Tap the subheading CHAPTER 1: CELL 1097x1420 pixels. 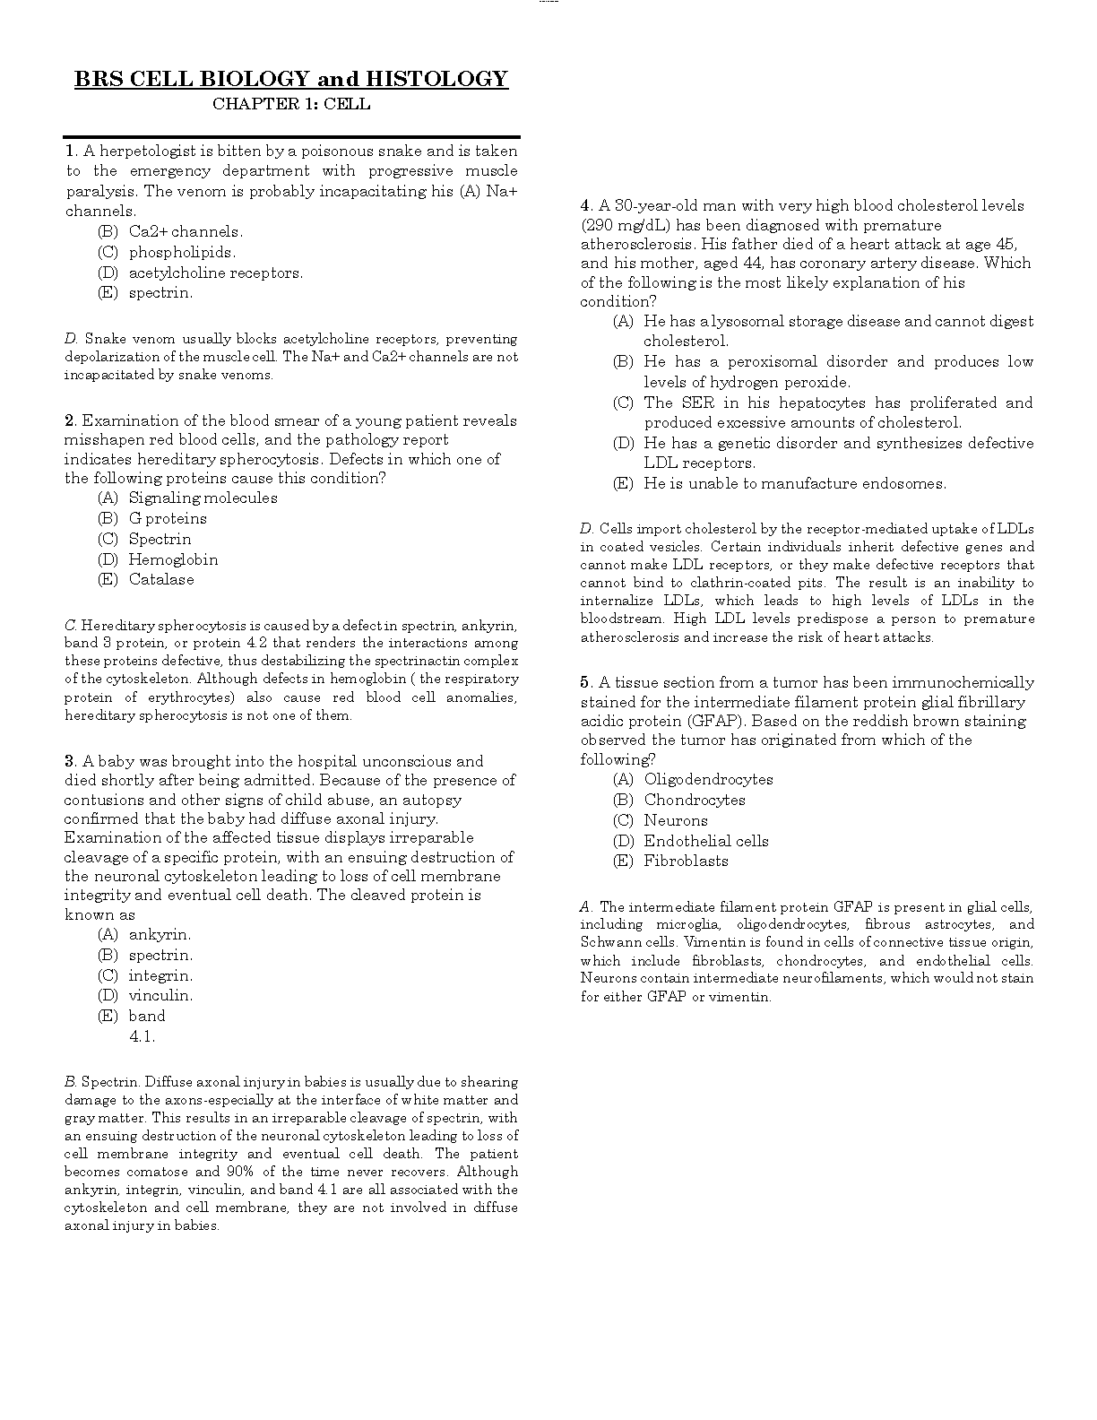pyautogui.click(x=291, y=104)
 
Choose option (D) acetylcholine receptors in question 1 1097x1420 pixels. pyautogui.click(x=215, y=273)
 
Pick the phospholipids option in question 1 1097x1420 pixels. pyautogui.click(x=182, y=252)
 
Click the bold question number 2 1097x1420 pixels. pyautogui.click(x=69, y=420)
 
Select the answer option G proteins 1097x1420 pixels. pyautogui.click(x=168, y=518)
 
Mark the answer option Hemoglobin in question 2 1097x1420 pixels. pyautogui.click(x=173, y=559)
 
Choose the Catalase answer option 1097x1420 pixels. pyautogui.click(x=161, y=579)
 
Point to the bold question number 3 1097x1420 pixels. pyautogui.click(x=69, y=761)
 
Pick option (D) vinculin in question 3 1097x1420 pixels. pyautogui.click(x=160, y=995)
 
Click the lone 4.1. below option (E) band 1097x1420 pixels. pyautogui.click(x=142, y=1036)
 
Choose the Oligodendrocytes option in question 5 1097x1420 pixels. pyautogui.click(x=708, y=779)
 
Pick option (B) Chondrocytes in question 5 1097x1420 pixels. pyautogui.click(x=695, y=800)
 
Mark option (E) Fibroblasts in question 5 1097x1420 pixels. pyautogui.click(x=686, y=861)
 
